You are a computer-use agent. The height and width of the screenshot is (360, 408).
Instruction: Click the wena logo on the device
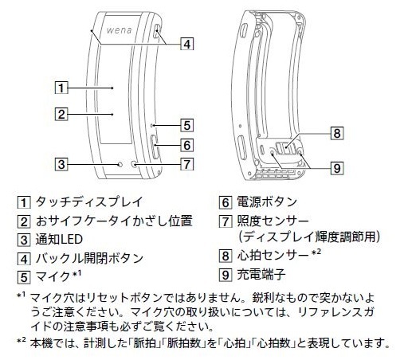point(119,30)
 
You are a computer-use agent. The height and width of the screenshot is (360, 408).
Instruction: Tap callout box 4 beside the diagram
point(187,44)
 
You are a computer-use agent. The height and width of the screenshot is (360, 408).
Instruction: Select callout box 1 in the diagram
point(61,88)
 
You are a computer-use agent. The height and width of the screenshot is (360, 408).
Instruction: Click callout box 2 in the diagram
point(61,114)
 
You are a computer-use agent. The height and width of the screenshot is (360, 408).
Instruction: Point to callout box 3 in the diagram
point(61,164)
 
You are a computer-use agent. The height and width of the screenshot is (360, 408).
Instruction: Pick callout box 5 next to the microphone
point(187,125)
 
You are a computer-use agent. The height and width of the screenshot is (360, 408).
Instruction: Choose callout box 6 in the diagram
point(187,145)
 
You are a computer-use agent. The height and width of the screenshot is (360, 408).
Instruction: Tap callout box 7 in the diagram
point(187,164)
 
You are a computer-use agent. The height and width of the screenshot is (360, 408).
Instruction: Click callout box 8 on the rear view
point(337,133)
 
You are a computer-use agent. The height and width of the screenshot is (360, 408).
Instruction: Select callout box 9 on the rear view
point(337,168)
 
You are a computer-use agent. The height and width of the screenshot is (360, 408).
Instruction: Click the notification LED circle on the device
point(120,164)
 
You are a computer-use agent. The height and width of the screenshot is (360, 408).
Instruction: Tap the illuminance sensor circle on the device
point(134,164)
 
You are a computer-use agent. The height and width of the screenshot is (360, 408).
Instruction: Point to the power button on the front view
point(155,147)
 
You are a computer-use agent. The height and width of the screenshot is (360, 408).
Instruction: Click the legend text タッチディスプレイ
point(89,202)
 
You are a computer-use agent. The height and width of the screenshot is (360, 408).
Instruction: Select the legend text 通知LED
point(59,240)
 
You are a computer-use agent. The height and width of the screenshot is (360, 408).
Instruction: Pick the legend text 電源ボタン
point(267,202)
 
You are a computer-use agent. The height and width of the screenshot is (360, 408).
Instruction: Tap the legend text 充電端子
point(261,274)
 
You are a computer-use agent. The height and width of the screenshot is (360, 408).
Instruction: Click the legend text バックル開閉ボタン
point(89,258)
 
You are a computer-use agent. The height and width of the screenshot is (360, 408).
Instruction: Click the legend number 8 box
point(226,256)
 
